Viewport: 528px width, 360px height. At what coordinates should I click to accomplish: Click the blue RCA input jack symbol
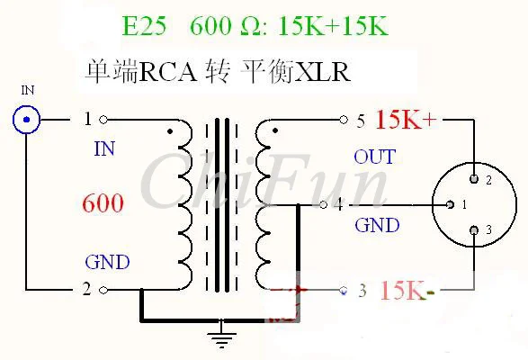tap(27, 120)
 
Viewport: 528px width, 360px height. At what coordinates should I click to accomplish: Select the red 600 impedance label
tap(103, 202)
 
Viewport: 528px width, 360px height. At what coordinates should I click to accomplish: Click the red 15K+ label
tap(406, 120)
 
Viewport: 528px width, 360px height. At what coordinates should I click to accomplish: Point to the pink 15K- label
tap(407, 290)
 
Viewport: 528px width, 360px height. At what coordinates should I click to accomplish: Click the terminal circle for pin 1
tap(103, 120)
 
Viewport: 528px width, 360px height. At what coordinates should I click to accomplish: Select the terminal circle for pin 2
tap(103, 290)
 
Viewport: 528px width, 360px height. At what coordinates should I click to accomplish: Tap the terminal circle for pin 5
tap(344, 120)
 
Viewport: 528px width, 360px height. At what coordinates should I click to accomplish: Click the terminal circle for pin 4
tap(323, 204)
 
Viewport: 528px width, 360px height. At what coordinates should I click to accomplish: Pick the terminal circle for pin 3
tap(344, 290)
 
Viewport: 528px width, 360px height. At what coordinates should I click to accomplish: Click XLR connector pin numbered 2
tap(474, 179)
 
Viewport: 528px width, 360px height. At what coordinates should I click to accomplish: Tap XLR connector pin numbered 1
tap(450, 204)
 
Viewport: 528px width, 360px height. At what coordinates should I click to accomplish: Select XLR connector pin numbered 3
tap(474, 230)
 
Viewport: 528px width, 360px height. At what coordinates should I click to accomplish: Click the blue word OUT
tap(374, 157)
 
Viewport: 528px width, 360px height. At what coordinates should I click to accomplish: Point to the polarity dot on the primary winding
tap(170, 131)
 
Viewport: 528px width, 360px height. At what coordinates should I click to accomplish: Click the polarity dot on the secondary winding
tap(275, 130)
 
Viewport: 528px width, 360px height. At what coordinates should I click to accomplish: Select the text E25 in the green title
tap(145, 26)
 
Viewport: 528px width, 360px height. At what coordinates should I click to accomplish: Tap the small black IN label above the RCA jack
tap(28, 90)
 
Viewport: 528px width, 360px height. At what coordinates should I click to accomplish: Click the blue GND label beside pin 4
tap(377, 225)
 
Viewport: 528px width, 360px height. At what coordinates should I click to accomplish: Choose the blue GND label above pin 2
tap(107, 262)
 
